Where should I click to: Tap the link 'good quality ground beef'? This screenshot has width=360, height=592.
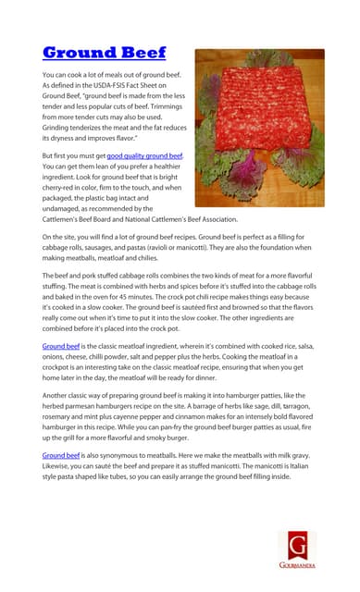pos(144,157)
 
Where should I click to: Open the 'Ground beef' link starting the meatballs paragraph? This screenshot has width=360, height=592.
pos(60,456)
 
